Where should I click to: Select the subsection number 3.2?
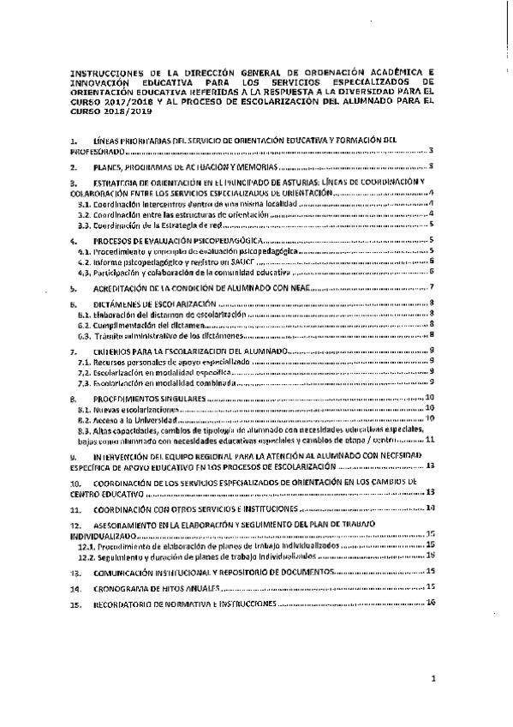coord(83,213)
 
